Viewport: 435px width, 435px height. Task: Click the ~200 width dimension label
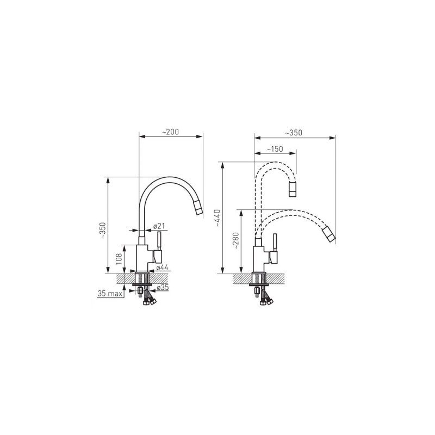point(170,132)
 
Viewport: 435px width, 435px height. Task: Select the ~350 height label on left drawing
point(102,231)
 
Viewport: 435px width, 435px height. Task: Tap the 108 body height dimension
point(119,259)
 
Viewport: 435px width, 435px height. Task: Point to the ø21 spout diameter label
point(159,226)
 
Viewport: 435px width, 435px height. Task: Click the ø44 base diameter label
point(162,268)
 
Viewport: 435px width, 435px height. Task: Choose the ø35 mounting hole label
point(163,288)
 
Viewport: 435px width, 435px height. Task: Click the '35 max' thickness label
point(110,294)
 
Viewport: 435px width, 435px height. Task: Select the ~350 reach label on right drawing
point(294,133)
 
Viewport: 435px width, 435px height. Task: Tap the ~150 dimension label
point(275,149)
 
